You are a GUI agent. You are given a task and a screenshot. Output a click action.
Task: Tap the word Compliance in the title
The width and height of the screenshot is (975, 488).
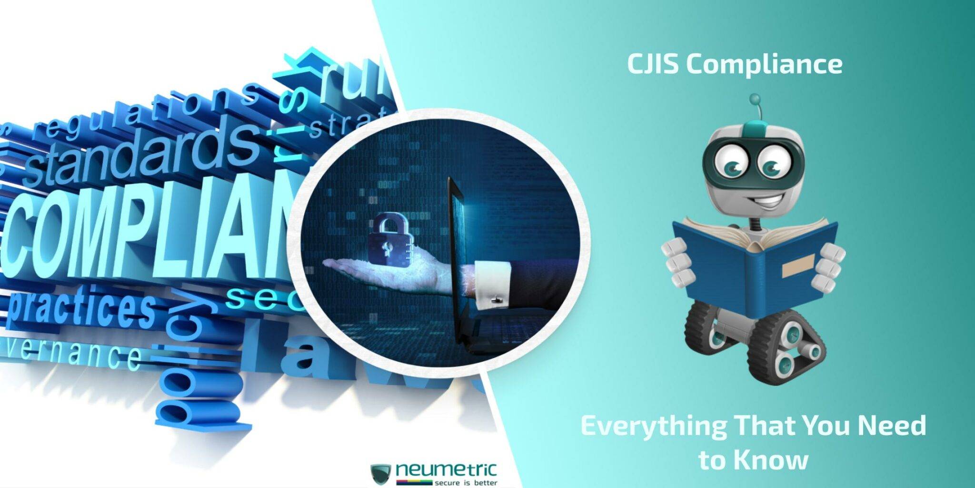(764, 65)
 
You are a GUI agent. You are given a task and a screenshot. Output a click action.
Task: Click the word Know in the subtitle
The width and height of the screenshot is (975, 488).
(771, 460)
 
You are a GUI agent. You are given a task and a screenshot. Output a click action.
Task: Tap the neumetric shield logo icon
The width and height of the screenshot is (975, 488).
(381, 473)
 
